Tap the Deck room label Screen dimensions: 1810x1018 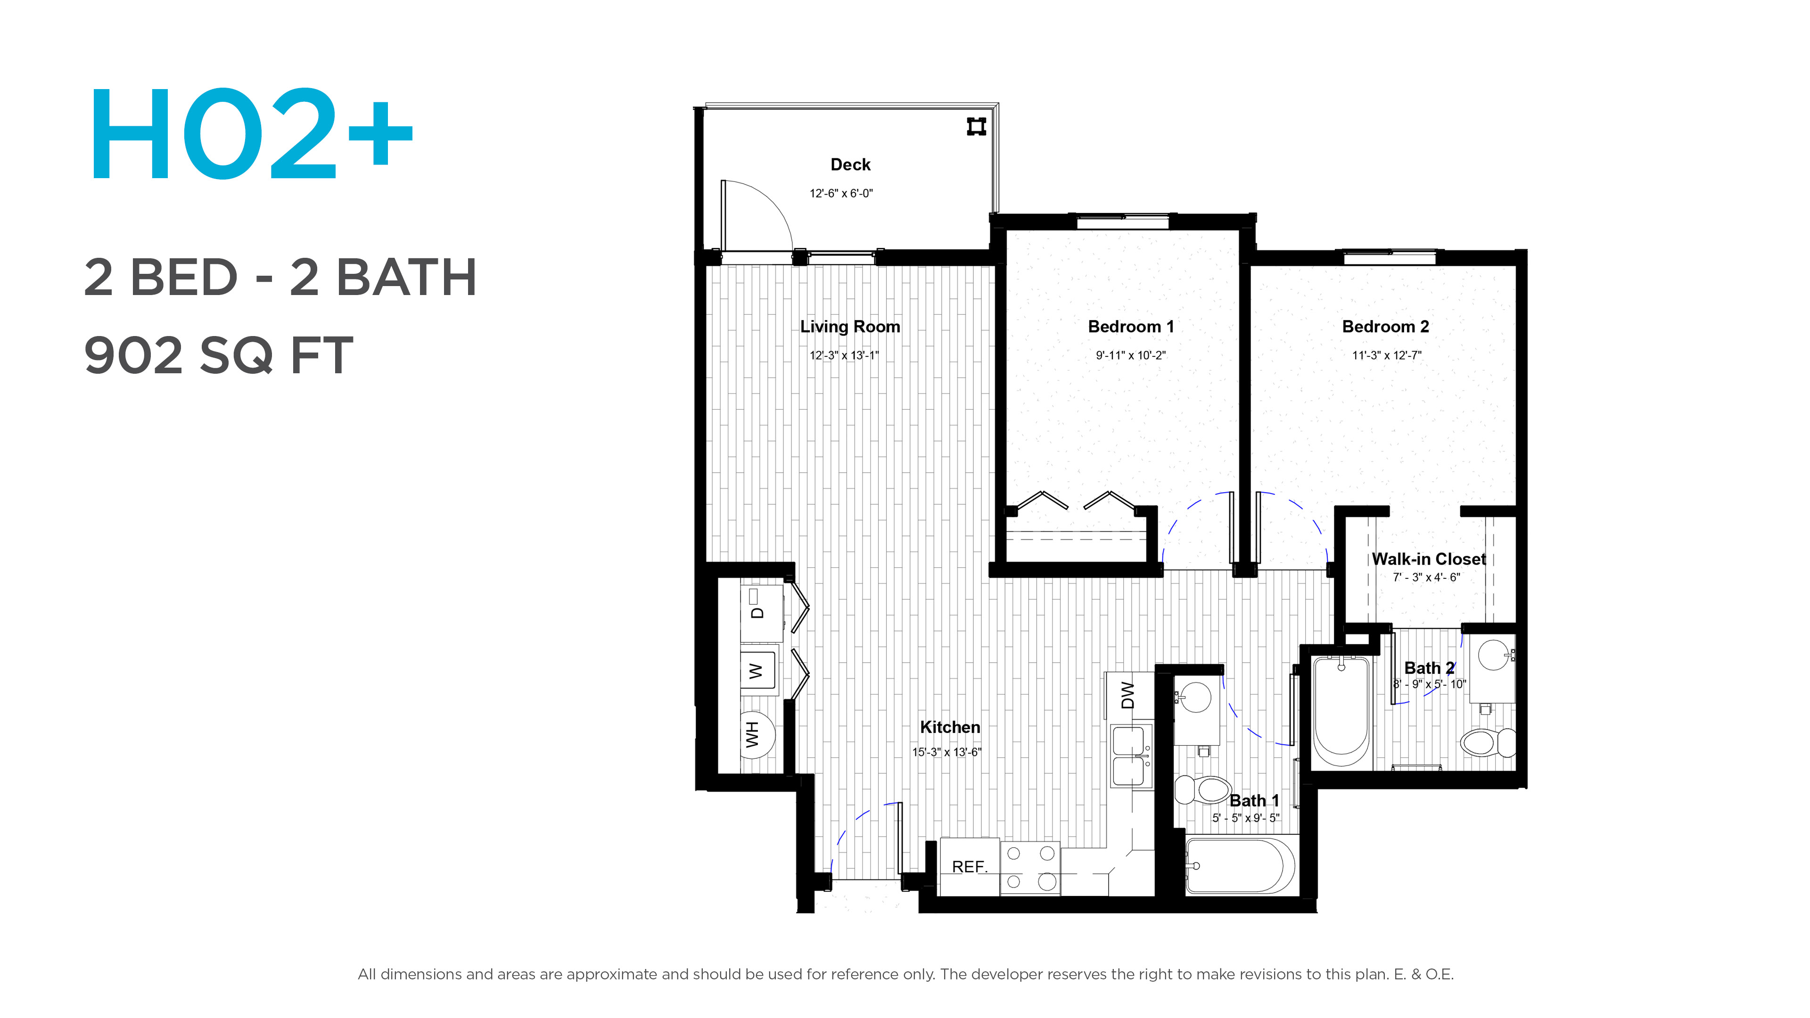tap(850, 164)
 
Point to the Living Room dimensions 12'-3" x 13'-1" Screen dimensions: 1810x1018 tap(844, 355)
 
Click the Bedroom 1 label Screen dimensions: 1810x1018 tap(1131, 327)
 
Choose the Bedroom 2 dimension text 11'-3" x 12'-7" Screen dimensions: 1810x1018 tap(1386, 355)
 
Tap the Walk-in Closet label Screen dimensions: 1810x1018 tap(1429, 559)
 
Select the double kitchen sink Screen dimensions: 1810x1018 tap(1131, 756)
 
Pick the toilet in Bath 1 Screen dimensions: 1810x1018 tap(1202, 789)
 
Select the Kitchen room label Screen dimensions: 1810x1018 tap(950, 727)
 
